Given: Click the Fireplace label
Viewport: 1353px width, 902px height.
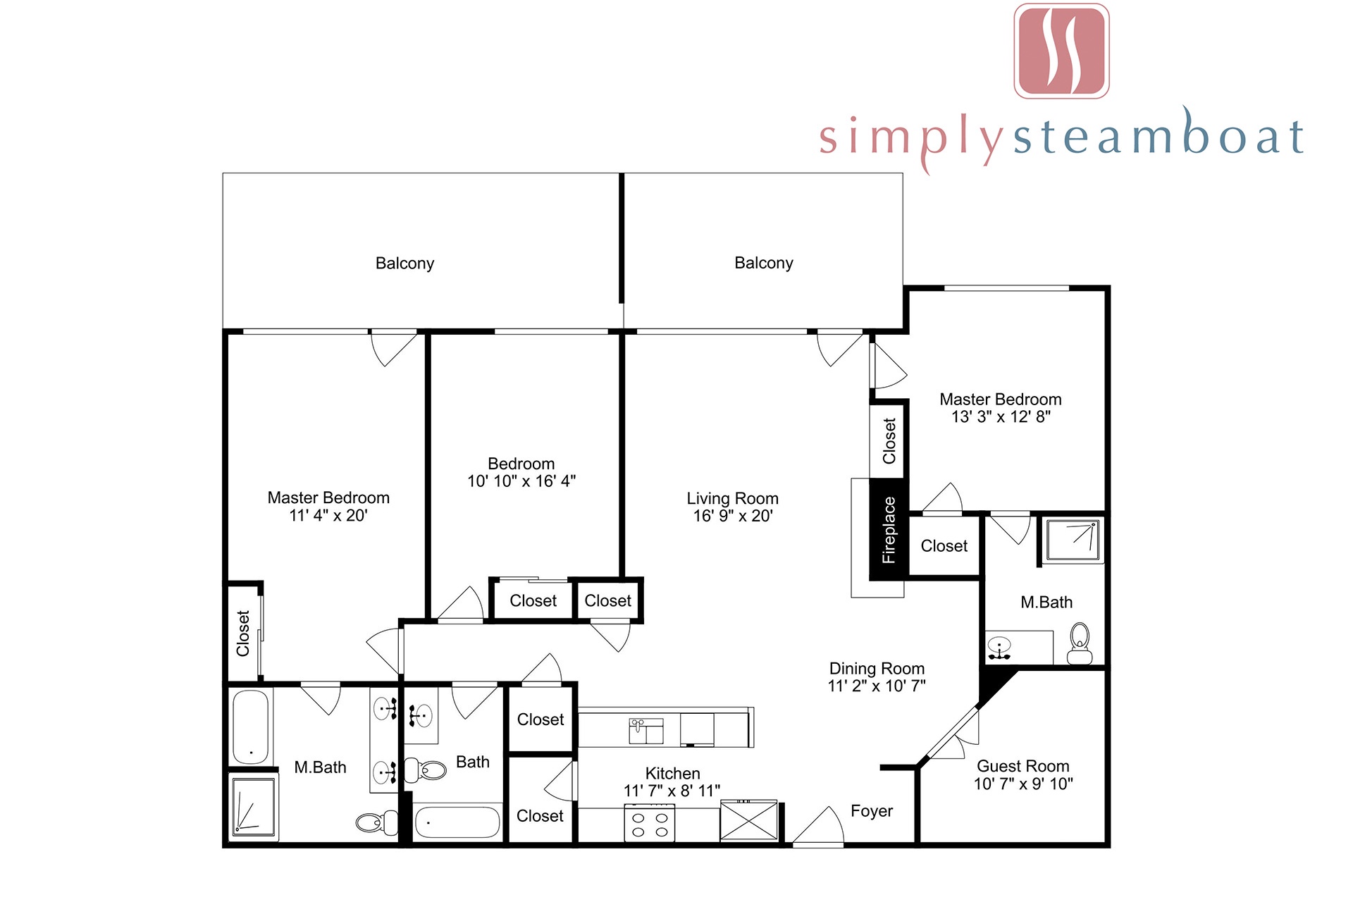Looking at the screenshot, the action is click(889, 530).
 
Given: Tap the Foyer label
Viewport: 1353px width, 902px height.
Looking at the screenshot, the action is click(872, 811).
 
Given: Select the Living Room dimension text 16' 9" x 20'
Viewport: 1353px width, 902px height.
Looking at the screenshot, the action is click(733, 516).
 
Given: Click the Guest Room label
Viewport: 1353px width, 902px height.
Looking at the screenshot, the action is click(1023, 766).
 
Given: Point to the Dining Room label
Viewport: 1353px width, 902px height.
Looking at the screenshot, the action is click(877, 669).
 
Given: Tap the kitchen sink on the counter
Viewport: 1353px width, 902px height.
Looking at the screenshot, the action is click(646, 731).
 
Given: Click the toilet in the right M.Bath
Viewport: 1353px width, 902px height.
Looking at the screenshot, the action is click(1080, 643).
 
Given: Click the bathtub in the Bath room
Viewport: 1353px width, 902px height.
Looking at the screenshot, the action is click(457, 822).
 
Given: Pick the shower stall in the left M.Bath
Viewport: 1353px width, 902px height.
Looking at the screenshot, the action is click(253, 807).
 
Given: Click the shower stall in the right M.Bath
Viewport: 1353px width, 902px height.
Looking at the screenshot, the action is click(1073, 540).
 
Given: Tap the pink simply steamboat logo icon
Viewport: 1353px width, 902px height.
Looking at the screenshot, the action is click(1062, 51).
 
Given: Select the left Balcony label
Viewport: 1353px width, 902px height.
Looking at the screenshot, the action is click(404, 264).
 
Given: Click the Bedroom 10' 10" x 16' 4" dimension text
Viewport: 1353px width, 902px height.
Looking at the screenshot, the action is click(521, 481).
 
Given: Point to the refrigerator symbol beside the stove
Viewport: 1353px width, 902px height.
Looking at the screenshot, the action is click(748, 821).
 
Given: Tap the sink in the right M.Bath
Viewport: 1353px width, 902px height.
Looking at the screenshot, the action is click(999, 647).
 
